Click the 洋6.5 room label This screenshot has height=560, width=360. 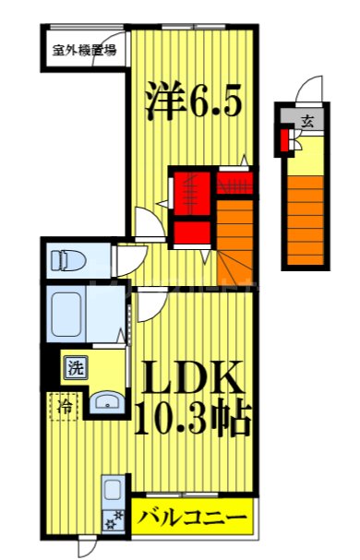click(x=193, y=101)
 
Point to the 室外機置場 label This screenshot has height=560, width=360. click(x=84, y=51)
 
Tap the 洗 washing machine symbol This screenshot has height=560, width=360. click(x=74, y=368)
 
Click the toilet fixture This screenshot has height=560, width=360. click(x=67, y=258)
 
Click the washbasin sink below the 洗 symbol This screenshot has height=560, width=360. click(x=108, y=400)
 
